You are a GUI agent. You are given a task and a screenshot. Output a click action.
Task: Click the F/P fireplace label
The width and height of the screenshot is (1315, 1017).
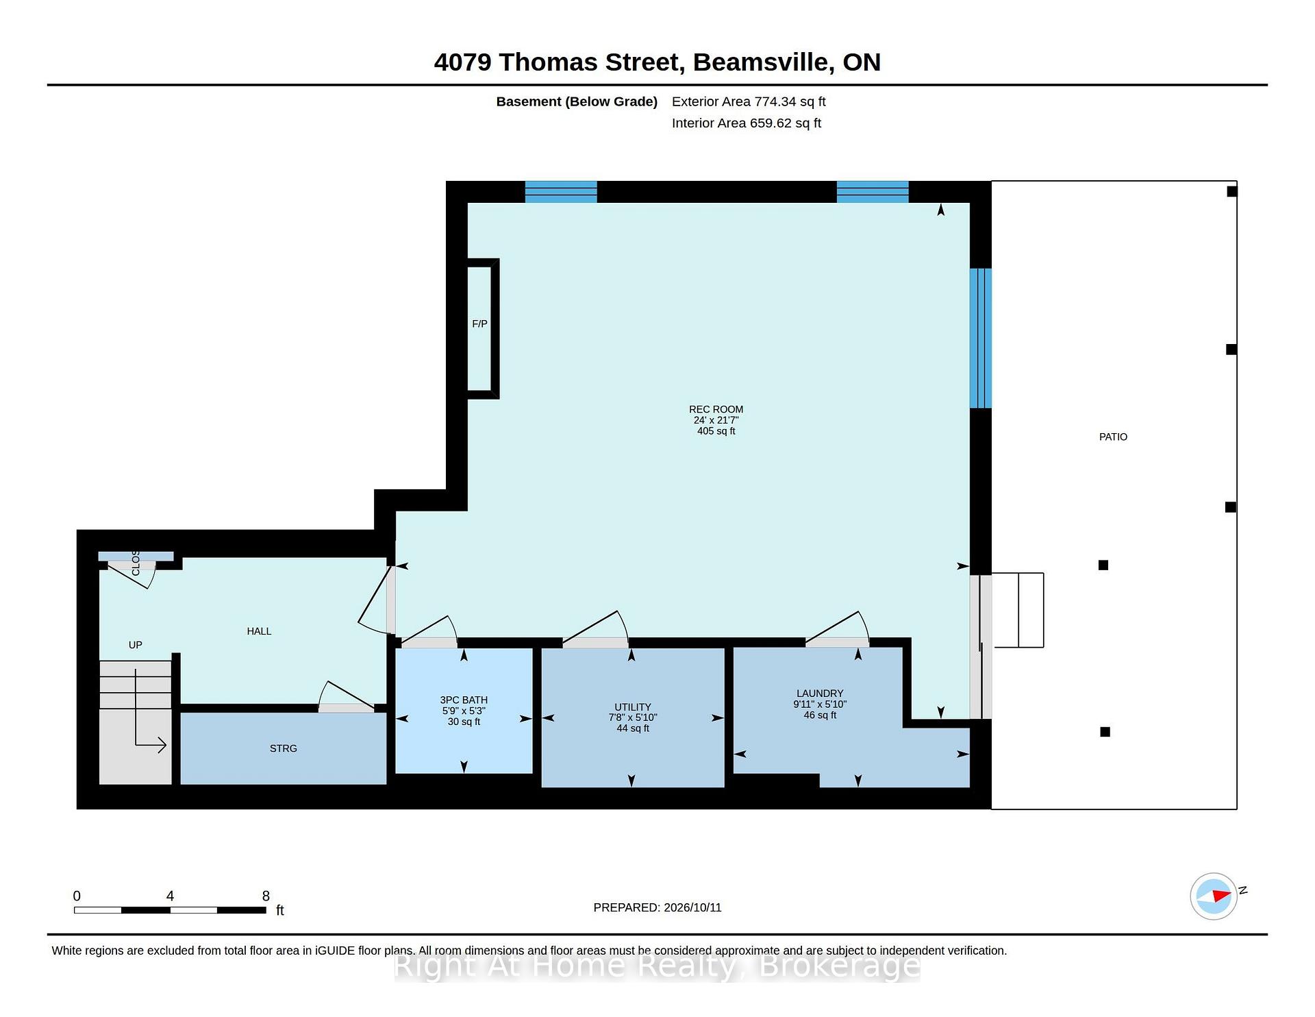coord(479,323)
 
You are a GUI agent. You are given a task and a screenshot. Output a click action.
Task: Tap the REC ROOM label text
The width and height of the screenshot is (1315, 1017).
coord(716,409)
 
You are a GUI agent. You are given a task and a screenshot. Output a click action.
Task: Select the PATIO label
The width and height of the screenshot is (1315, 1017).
coord(1113,437)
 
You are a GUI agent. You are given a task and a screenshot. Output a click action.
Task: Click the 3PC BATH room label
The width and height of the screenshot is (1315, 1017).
coord(464,700)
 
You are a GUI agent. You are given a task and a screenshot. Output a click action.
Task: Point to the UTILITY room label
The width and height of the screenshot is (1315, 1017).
coord(633,707)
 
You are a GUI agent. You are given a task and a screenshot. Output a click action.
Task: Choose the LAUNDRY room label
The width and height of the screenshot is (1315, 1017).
coord(820,693)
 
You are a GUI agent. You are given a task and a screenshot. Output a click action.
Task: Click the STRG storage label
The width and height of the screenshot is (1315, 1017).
coord(284,748)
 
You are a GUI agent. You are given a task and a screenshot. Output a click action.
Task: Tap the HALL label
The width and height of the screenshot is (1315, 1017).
coord(259,631)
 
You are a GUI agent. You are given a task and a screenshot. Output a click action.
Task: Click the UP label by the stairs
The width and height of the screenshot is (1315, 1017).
coord(136,645)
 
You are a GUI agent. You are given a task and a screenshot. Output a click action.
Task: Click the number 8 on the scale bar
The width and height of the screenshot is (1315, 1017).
coord(266,896)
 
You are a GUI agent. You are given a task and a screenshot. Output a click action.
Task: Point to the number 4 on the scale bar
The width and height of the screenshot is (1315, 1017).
coord(170,896)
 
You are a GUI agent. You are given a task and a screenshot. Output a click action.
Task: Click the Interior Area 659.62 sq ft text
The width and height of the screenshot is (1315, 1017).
coord(746,123)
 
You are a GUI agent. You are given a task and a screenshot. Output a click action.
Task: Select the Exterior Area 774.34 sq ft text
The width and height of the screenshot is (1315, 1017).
coord(749,101)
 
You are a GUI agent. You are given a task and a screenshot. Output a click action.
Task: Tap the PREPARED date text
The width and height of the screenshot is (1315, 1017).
coord(657,907)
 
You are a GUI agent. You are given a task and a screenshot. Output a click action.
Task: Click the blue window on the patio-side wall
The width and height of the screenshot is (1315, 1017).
coord(981,338)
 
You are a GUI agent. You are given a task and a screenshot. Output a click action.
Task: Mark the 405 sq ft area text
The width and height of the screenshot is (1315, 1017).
coord(716,431)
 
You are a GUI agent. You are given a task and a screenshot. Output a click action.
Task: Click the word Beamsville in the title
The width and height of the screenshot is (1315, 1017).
coord(764,62)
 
